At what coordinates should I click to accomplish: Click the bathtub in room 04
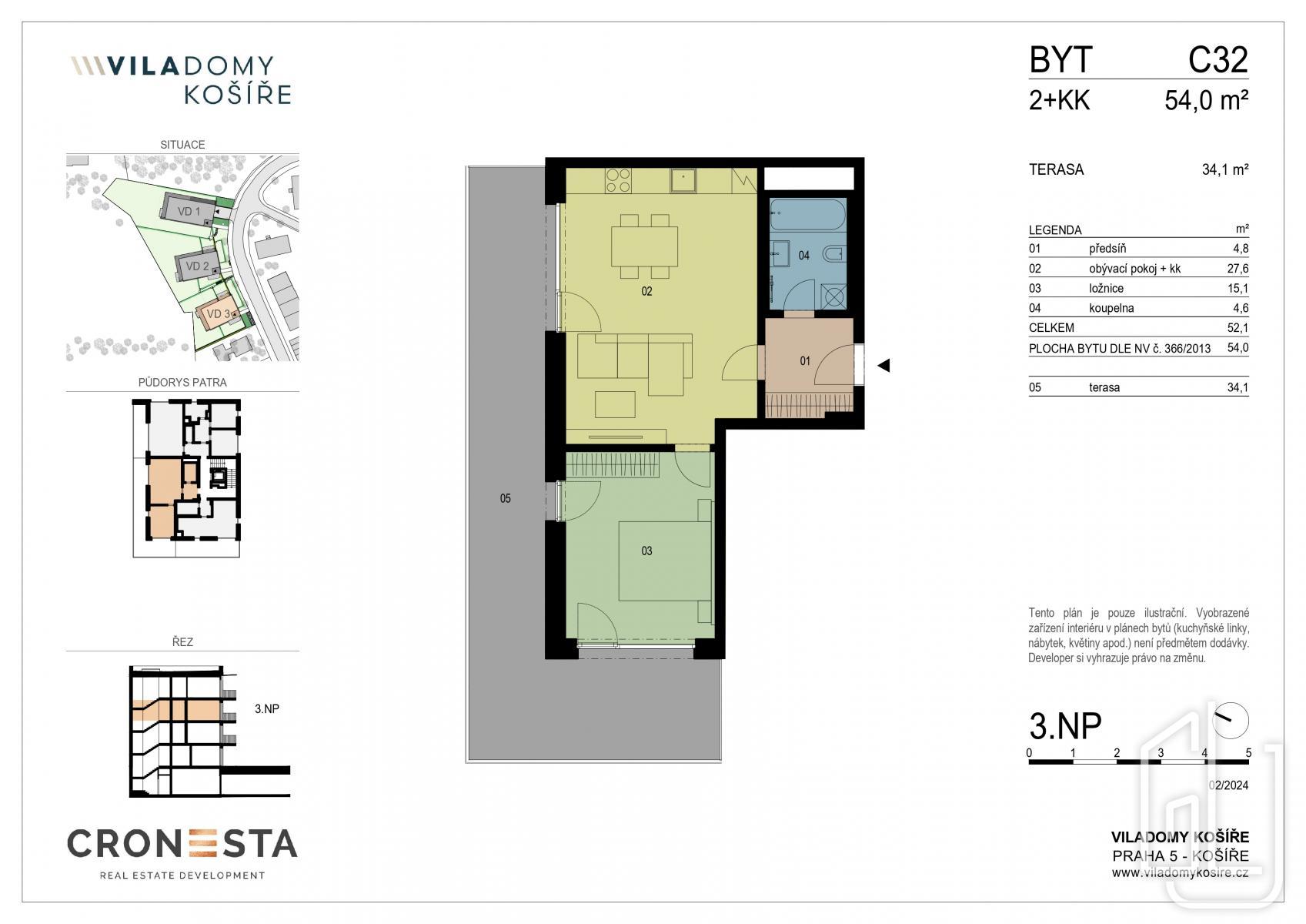click(x=807, y=215)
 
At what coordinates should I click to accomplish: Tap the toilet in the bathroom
click(x=833, y=254)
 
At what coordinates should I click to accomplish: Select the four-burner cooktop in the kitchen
click(x=618, y=180)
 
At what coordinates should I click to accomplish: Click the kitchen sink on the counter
click(x=683, y=180)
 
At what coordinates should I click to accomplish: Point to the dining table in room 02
click(x=644, y=246)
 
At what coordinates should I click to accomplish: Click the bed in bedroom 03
click(x=665, y=561)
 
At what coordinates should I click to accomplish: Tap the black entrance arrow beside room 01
click(x=884, y=366)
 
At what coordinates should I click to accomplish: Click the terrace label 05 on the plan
click(x=505, y=498)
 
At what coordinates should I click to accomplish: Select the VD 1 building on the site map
click(x=189, y=206)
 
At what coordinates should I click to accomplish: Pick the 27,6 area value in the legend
click(x=1238, y=268)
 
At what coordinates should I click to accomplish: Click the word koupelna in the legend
click(x=1111, y=308)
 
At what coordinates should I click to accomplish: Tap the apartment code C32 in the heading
click(x=1218, y=59)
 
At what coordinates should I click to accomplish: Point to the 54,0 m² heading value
click(x=1206, y=100)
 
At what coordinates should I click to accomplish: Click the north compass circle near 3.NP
click(x=1231, y=721)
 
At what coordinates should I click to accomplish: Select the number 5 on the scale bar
click(x=1248, y=752)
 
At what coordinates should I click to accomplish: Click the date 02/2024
click(x=1228, y=785)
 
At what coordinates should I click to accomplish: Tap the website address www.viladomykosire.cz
click(x=1180, y=873)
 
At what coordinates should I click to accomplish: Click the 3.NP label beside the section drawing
click(x=267, y=708)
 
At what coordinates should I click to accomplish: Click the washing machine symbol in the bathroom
click(x=833, y=296)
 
